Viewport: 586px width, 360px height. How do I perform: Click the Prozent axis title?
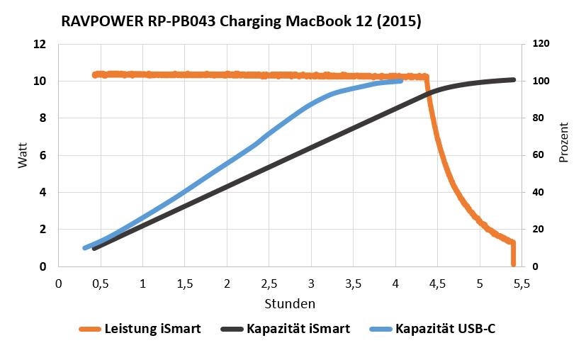tap(564, 142)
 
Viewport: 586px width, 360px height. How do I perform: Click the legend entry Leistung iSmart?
tap(143, 329)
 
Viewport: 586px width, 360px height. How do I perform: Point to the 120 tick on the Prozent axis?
tap(541, 44)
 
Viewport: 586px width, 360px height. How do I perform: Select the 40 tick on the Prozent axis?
tap(538, 192)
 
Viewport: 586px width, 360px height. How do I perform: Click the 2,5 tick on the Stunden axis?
tap(269, 283)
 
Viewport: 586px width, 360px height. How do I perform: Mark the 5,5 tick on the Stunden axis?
tap(522, 283)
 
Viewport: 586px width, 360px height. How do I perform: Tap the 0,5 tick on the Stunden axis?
tap(101, 283)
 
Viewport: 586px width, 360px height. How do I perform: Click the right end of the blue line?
tap(401, 81)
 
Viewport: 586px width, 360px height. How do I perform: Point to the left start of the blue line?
tap(84, 248)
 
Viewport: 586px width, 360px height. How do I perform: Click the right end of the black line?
tap(513, 79)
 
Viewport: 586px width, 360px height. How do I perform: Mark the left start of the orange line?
tap(94, 74)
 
